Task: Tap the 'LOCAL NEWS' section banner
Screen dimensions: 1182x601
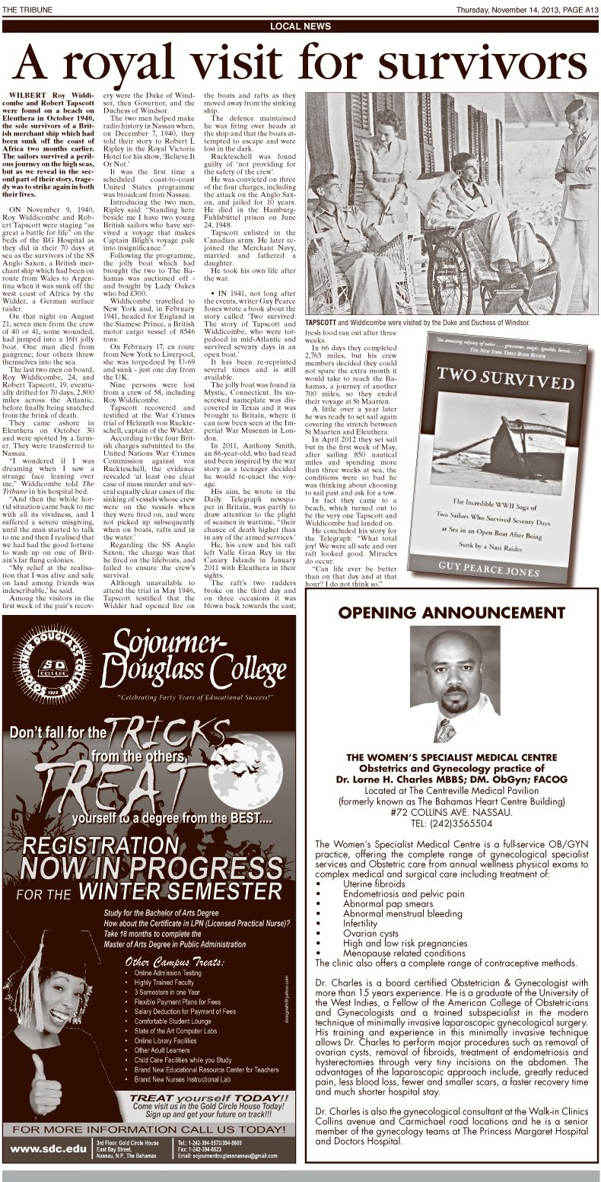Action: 300,27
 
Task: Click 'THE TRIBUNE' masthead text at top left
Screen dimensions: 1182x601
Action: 24,9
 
